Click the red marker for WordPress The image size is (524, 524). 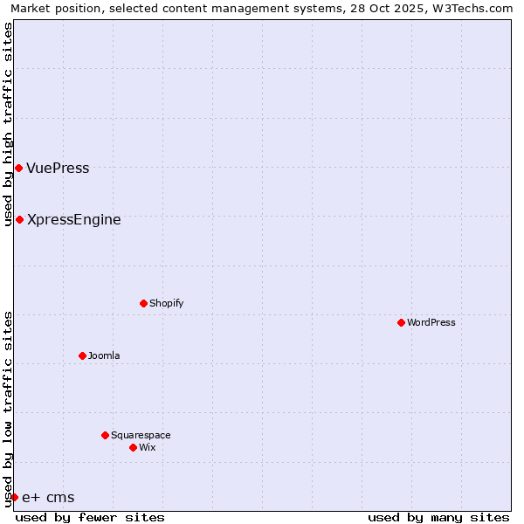coord(401,322)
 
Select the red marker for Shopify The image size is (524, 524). coord(143,303)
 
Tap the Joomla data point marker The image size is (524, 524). coord(82,355)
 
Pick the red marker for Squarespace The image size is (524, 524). coord(105,435)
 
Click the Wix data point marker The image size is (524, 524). coord(133,447)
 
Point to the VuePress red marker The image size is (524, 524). coord(18,168)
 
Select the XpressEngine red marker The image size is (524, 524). coord(19,219)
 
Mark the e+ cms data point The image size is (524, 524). coord(14,497)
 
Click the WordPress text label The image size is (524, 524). coord(431,322)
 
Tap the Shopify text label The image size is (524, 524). coord(166,303)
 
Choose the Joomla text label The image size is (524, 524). coord(104,355)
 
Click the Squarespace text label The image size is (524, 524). coord(141,435)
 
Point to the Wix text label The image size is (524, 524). coord(147,447)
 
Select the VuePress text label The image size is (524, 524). coord(58,168)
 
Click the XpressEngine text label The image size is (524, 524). coord(74,219)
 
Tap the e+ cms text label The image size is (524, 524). coord(48,498)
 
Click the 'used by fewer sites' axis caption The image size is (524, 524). coord(90,517)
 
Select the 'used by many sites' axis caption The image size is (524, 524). coord(438,517)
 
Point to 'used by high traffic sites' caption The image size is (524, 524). coord(8,124)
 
